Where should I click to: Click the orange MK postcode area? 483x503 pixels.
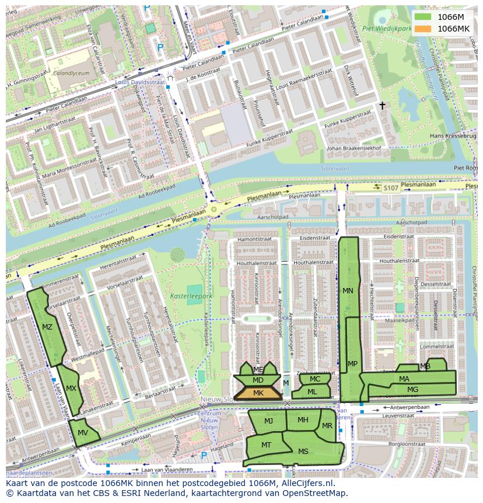[x=258, y=393]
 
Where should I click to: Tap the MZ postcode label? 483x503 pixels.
[x=47, y=327]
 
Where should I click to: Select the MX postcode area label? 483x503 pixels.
[x=71, y=388]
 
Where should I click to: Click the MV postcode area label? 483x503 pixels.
[x=83, y=433]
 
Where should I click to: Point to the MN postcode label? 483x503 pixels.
[x=348, y=291]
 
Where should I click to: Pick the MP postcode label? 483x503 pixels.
[x=352, y=364]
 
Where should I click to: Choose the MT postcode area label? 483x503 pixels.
[x=266, y=445]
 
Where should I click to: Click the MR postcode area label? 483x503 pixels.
[x=327, y=426]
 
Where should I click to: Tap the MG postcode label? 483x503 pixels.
[x=412, y=390]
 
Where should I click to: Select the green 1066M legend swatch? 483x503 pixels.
[x=423, y=17]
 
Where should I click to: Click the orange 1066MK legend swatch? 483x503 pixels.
[x=423, y=29]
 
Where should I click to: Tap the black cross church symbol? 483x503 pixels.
[x=383, y=106]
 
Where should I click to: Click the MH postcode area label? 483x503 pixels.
[x=303, y=420]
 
